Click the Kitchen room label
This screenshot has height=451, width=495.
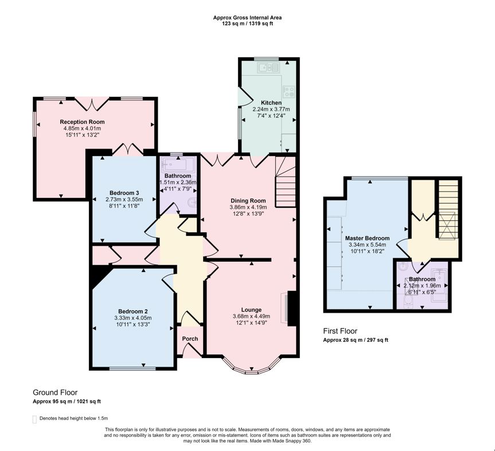pyautogui.click(x=271, y=103)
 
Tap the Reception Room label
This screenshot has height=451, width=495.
pyautogui.click(x=82, y=122)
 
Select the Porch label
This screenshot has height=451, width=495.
pyautogui.click(x=190, y=339)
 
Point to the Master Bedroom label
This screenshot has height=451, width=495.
pyautogui.click(x=367, y=238)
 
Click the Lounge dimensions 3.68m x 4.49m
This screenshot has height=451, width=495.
pyautogui.click(x=251, y=316)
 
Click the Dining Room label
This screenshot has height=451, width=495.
pyautogui.click(x=247, y=200)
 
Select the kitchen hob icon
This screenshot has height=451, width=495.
pyautogui.click(x=289, y=90)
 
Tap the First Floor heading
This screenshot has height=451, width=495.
pyautogui.click(x=340, y=331)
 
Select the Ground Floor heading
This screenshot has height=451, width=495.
pyautogui.click(x=56, y=392)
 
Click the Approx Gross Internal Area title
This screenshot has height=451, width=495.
pyautogui.click(x=247, y=18)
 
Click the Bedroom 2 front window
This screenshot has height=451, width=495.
pyautogui.click(x=132, y=368)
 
